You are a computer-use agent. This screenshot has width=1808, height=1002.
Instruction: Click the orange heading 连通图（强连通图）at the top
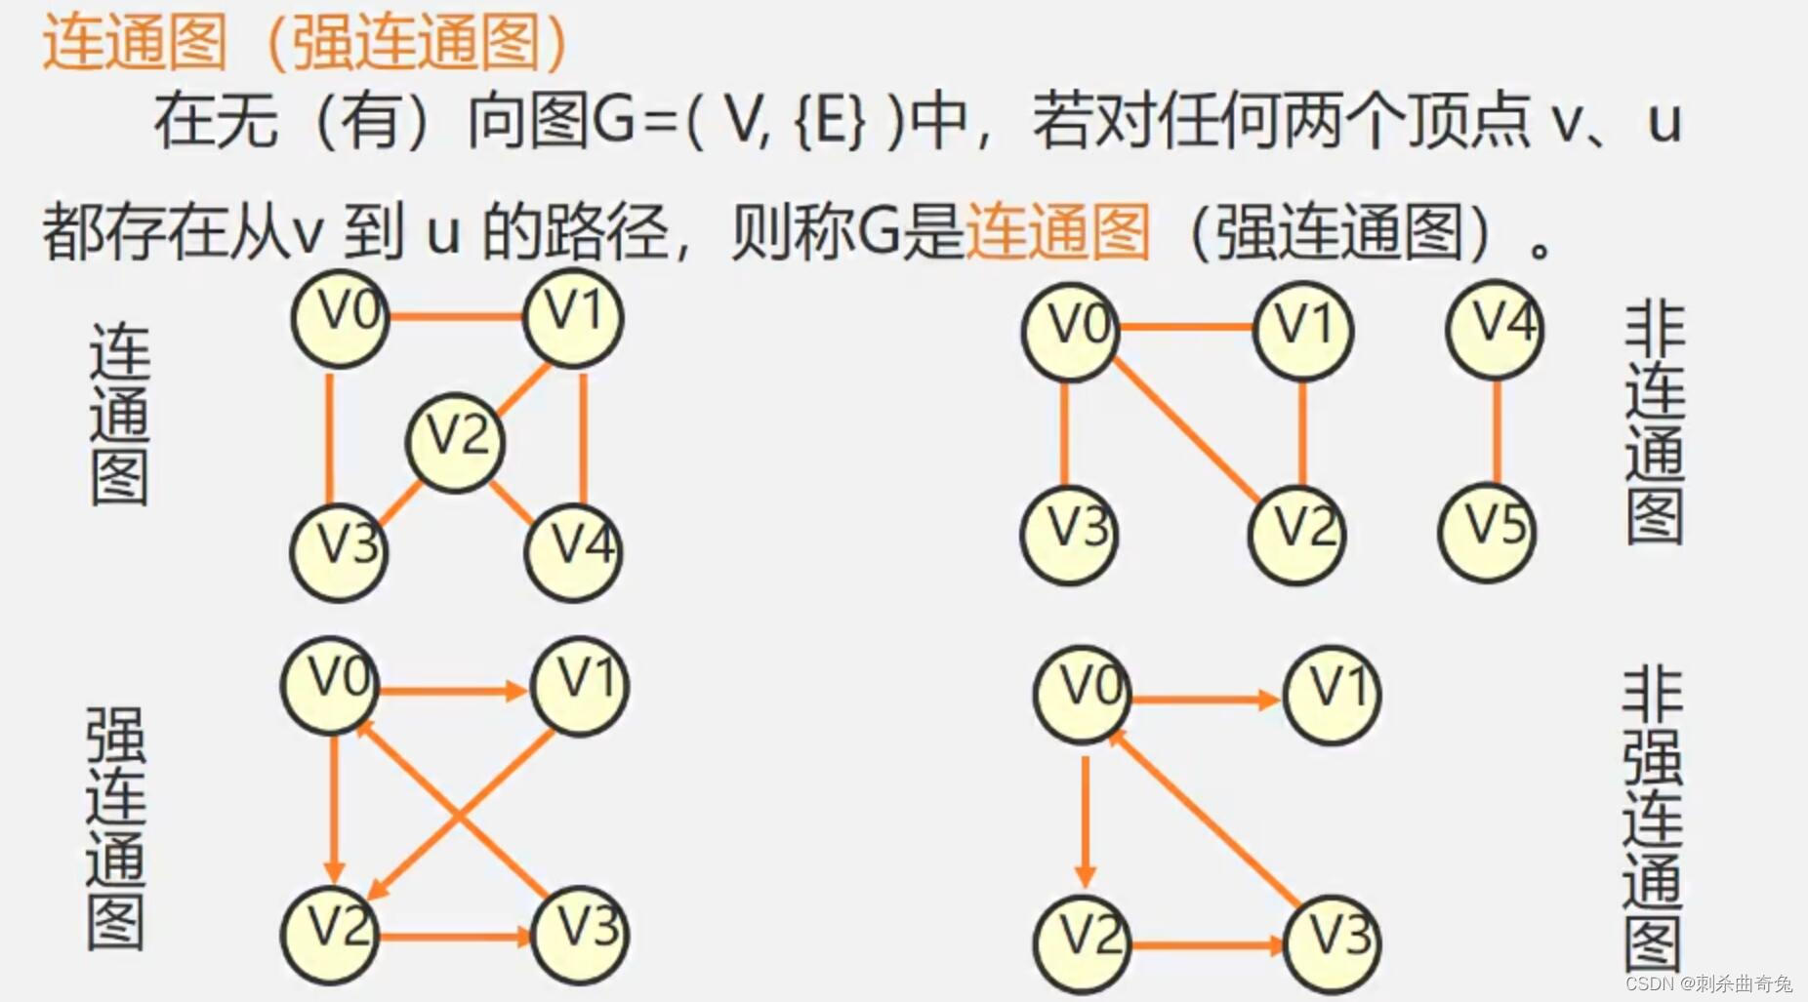click(305, 43)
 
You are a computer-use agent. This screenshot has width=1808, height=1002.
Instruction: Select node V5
click(1487, 532)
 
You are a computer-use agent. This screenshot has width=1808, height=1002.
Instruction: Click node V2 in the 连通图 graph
click(455, 441)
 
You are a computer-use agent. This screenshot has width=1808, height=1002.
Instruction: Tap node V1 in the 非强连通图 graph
click(1332, 695)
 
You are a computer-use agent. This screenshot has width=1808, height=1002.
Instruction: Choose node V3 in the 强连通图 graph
click(581, 934)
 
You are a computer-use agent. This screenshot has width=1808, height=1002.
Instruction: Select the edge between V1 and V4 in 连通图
click(583, 436)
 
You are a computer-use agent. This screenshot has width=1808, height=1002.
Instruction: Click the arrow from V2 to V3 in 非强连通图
click(1206, 944)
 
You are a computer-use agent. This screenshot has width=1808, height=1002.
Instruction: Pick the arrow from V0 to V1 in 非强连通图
click(1206, 700)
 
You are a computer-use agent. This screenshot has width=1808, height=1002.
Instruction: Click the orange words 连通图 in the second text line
click(1058, 232)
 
